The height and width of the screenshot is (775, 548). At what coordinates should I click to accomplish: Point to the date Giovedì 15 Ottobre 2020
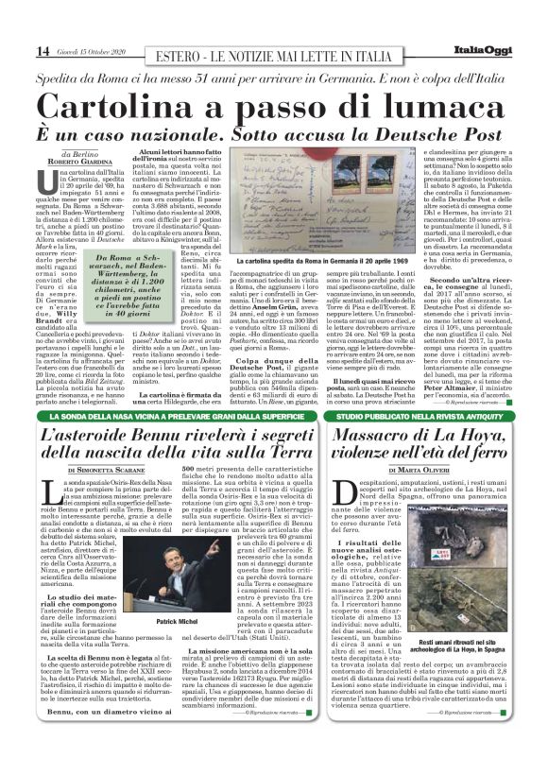pyautogui.click(x=89, y=51)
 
